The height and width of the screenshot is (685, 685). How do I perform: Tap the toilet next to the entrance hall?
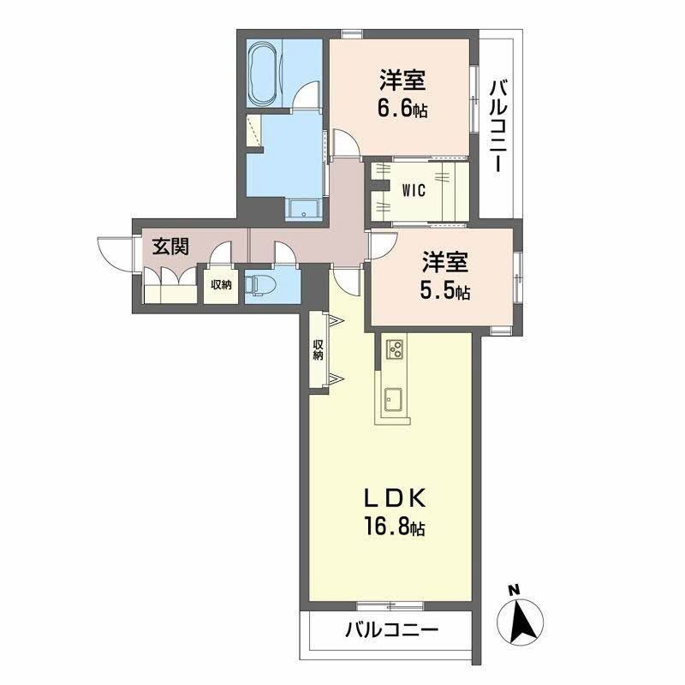(x=257, y=283)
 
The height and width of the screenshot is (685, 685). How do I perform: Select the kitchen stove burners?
(x=396, y=348)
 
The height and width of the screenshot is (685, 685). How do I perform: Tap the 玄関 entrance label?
(x=170, y=247)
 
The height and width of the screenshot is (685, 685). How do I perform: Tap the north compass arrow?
(x=523, y=619)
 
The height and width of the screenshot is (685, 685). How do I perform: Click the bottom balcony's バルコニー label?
(x=391, y=631)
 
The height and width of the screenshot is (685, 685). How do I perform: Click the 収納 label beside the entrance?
(x=221, y=285)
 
